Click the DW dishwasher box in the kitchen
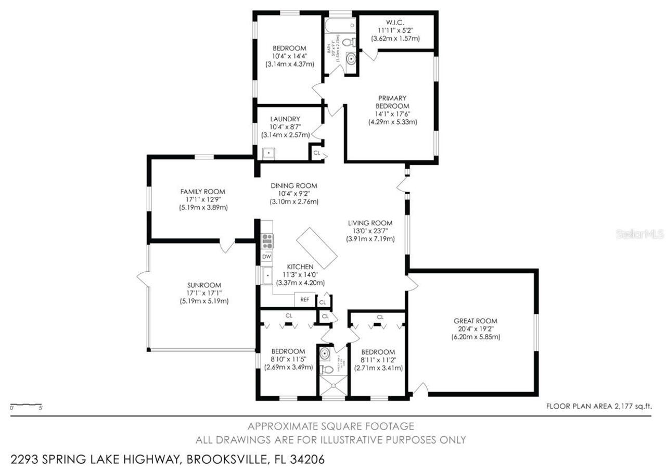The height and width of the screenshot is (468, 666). pos(266,256)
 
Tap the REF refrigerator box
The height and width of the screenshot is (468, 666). pos(304,299)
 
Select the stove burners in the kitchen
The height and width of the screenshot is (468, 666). pos(267,240)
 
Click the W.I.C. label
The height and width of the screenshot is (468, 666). pos(395,22)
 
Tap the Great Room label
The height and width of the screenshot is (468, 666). pos(475,321)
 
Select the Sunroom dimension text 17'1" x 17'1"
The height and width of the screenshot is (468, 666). pos(204,293)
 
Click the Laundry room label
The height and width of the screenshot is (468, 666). pos(285,119)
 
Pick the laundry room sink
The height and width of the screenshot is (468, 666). pos(268,153)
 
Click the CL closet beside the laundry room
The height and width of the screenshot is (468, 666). pos(316,153)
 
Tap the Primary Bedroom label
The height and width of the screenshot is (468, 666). pos(392,102)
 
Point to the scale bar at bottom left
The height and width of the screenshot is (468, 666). pos(26,404)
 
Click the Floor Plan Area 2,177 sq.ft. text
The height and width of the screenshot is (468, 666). pos(598,406)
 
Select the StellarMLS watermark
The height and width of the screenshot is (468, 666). pos(640,234)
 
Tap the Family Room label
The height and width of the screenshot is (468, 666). pos(202,192)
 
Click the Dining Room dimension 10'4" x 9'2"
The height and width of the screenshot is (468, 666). pos(293,194)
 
